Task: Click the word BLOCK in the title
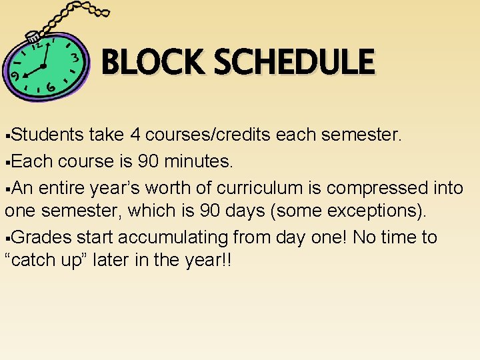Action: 153,63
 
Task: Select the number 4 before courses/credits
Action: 135,135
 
